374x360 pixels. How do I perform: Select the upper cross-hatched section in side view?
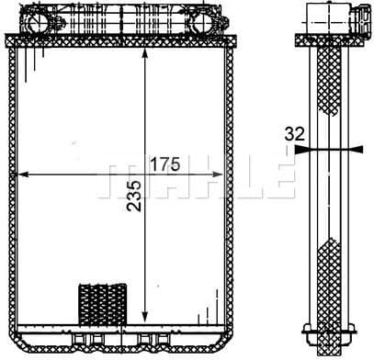pos(328,83)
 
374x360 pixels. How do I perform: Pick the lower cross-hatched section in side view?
pos(328,276)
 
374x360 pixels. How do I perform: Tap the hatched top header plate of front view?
pos(119,42)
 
